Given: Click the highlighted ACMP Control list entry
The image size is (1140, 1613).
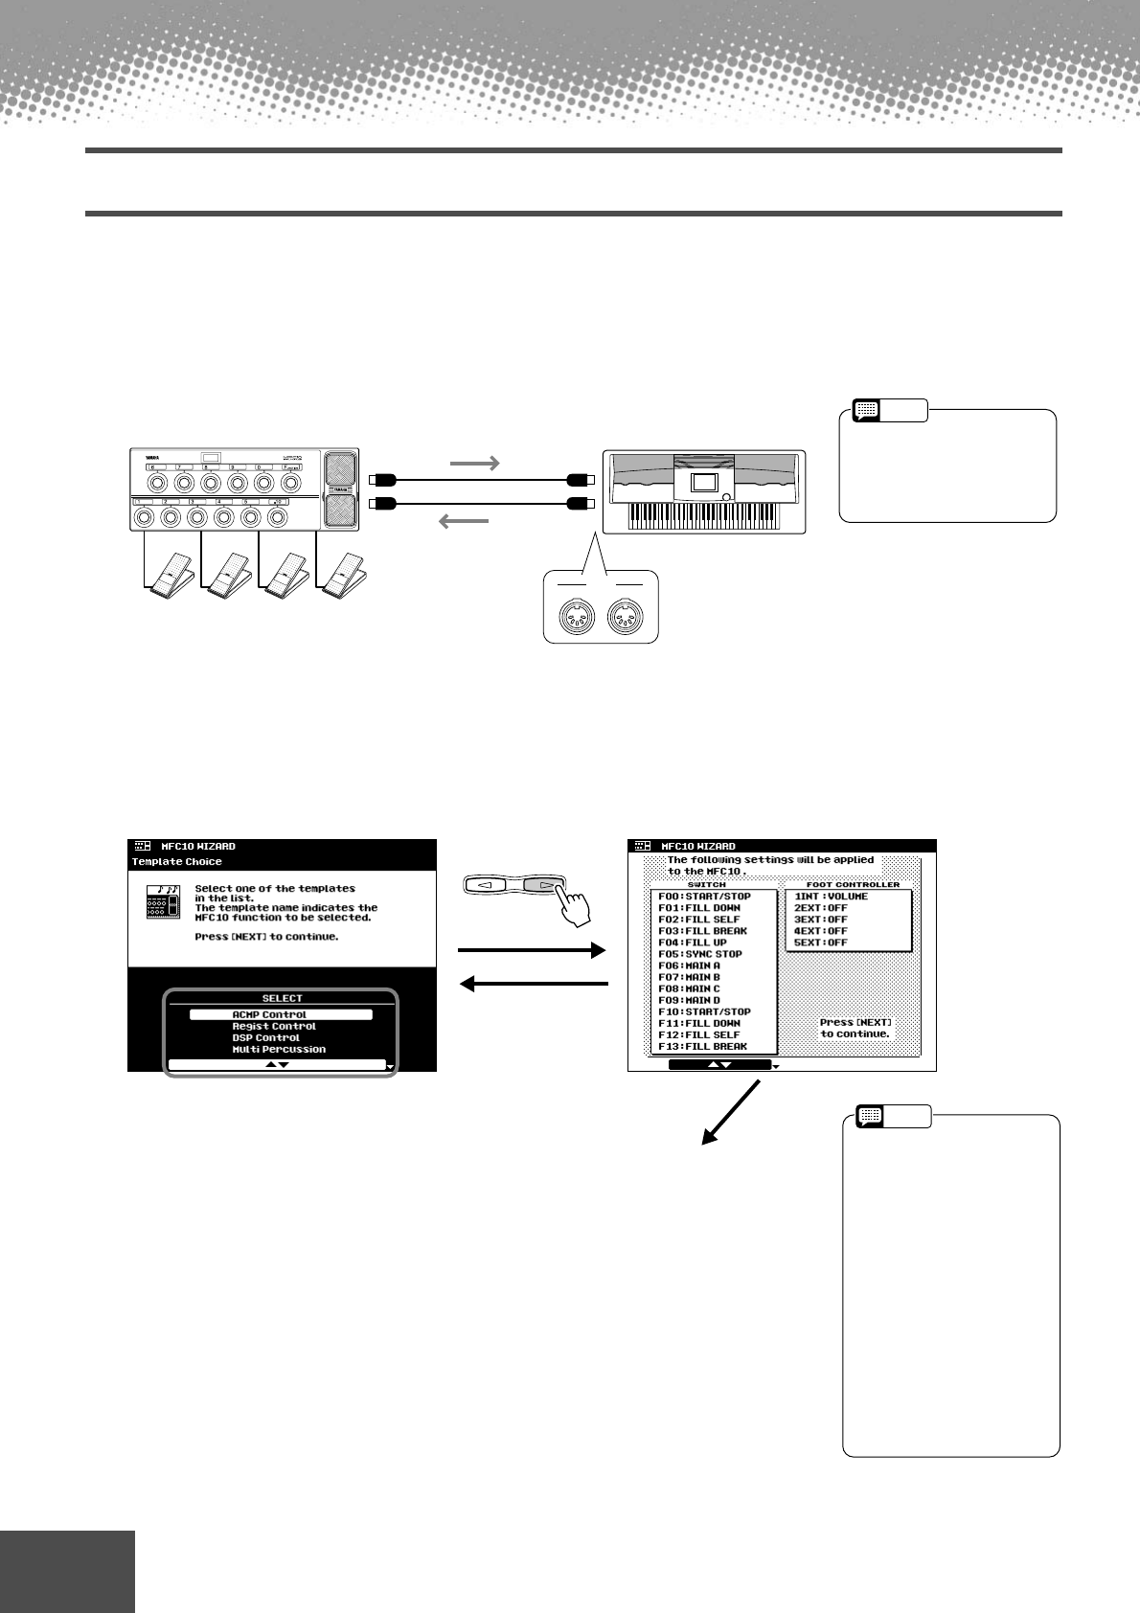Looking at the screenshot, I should [x=280, y=1014].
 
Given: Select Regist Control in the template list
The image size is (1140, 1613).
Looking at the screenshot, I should [x=274, y=1026].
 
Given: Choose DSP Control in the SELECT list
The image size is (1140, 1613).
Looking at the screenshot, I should [x=266, y=1037].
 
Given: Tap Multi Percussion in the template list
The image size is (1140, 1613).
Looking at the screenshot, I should [x=279, y=1049].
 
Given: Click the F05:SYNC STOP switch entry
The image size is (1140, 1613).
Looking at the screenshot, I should [x=700, y=954].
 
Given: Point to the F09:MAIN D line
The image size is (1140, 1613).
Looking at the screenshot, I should [x=690, y=1000].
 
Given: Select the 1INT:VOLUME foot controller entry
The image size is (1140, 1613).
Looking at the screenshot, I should [x=832, y=897].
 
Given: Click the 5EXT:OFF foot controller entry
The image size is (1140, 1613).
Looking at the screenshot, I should [x=821, y=943].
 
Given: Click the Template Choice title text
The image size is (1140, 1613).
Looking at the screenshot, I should [x=177, y=861].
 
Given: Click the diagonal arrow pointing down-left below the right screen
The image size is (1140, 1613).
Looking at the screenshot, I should [x=731, y=1112].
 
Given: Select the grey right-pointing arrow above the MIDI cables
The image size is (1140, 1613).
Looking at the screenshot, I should [x=474, y=463].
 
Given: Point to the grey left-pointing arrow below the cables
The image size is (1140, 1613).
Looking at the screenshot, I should [x=464, y=520].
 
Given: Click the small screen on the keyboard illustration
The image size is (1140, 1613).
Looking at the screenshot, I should [x=704, y=482].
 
